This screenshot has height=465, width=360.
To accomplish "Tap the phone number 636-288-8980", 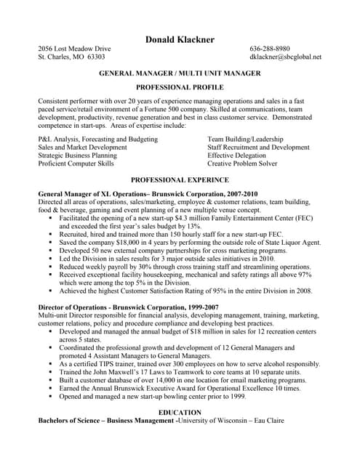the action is point(269,49).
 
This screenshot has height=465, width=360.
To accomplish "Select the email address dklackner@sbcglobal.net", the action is point(285,57).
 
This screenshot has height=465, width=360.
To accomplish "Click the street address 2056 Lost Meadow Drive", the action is point(75,49).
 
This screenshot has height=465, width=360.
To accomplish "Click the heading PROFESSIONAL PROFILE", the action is point(179,86).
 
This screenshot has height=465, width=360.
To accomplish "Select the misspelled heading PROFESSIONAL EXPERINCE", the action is point(179,179).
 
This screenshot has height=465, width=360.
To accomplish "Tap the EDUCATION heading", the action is point(179,412).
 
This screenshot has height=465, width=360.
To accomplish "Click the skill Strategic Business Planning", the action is point(77,155).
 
